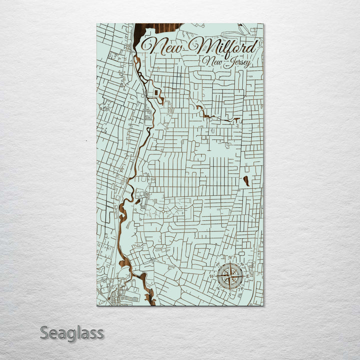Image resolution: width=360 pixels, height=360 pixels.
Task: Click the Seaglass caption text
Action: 71,332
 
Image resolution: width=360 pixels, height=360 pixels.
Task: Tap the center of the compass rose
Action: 230,275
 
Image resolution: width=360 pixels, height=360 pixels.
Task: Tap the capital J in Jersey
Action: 227,62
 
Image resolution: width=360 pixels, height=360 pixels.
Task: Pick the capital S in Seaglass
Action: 44,332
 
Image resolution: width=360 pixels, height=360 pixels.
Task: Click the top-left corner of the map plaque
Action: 96,24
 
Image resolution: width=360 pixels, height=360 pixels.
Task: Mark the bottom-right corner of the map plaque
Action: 263,305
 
